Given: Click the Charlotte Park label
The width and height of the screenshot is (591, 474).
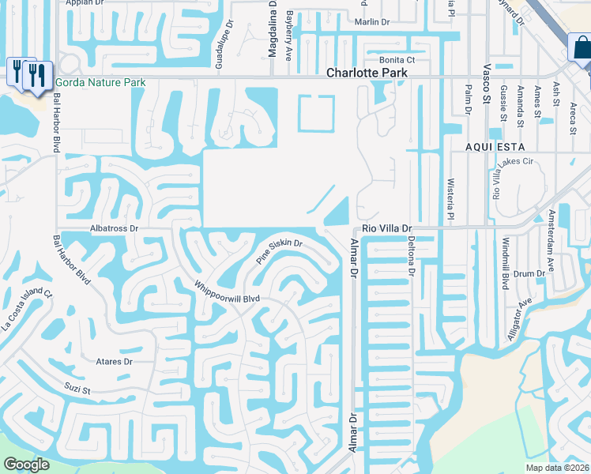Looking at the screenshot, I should pos(367,73).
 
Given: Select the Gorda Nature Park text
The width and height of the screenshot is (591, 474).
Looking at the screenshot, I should pos(100,82).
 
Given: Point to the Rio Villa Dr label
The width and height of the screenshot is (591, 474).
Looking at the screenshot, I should pos(387,228).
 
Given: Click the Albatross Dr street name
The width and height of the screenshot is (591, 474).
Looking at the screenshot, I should pos(115,228).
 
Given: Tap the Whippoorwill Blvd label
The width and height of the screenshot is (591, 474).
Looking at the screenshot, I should pos(228,292).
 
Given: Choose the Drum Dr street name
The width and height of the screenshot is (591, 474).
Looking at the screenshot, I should pos(529,273).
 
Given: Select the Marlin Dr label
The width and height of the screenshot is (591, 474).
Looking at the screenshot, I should pos(373,22).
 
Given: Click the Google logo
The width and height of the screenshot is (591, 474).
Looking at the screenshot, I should pos(26,465).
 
